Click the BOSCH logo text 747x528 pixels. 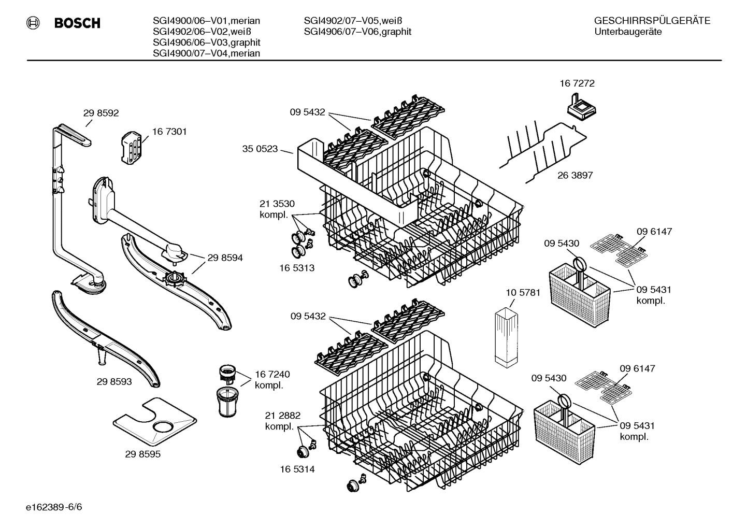pyautogui.click(x=77, y=23)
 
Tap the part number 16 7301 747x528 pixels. pyautogui.click(x=169, y=132)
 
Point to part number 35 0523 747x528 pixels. pyautogui.click(x=260, y=149)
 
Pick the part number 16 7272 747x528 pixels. pyautogui.click(x=577, y=83)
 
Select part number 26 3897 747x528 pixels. pyautogui.click(x=575, y=175)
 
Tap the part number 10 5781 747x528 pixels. pyautogui.click(x=523, y=293)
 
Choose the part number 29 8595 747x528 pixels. pyautogui.click(x=142, y=454)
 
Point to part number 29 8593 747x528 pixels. pyautogui.click(x=114, y=382)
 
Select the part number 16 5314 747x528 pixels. pyautogui.click(x=297, y=469)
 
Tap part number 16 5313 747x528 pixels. pyautogui.click(x=297, y=268)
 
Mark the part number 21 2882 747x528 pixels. pyautogui.click(x=282, y=416)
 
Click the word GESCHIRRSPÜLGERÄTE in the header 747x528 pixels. pyautogui.click(x=652, y=21)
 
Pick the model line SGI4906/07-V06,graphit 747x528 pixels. pyautogui.click(x=357, y=32)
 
